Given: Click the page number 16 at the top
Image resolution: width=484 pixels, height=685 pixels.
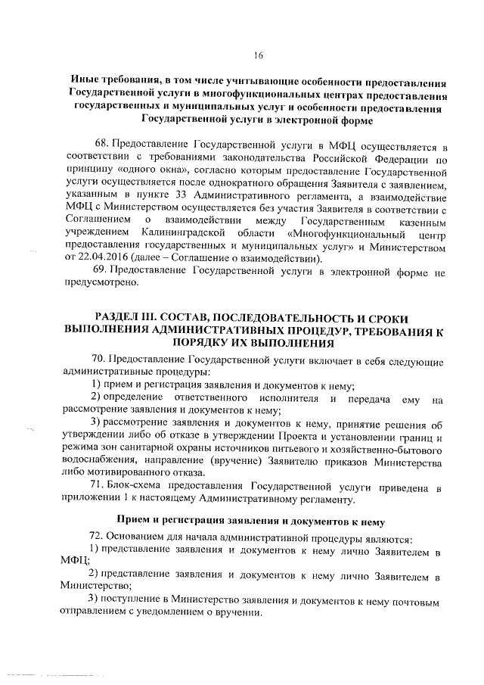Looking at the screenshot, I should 259,54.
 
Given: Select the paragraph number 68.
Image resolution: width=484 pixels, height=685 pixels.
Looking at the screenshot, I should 98,145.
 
